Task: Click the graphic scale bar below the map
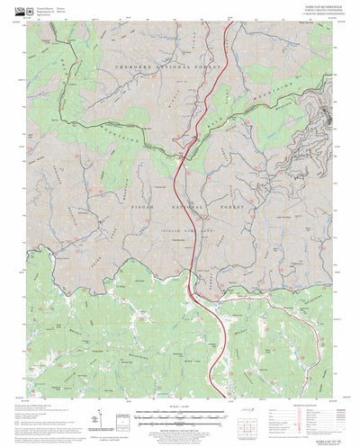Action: click(x=181, y=410)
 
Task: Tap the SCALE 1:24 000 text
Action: click(x=181, y=403)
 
